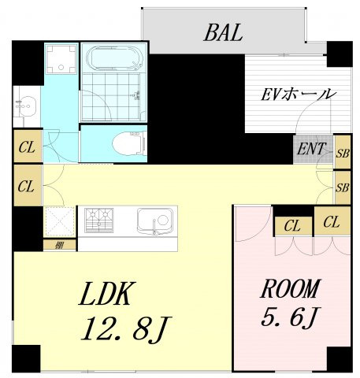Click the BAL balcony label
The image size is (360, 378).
click(x=223, y=33)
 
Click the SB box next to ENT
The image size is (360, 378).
click(x=342, y=152)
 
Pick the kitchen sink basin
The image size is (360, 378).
click(x=154, y=220)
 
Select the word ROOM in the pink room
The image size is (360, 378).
click(x=290, y=288)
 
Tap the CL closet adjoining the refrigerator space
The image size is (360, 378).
click(x=26, y=187)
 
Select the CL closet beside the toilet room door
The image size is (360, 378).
click(x=26, y=148)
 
